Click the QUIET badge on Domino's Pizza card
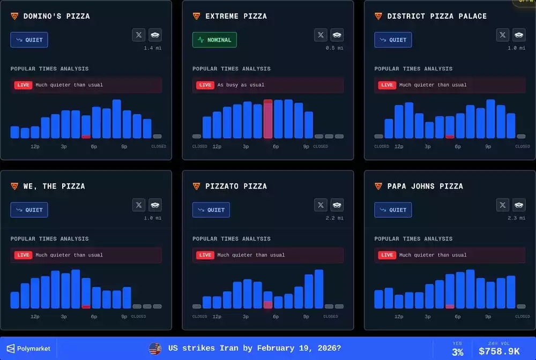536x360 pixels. [x=29, y=40]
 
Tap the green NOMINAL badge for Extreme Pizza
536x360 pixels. [x=214, y=40]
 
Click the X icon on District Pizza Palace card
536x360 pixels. [x=503, y=35]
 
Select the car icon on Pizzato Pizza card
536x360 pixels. [x=337, y=205]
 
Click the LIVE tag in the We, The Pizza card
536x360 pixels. [x=23, y=255]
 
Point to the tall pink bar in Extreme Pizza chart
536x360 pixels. [x=268, y=119]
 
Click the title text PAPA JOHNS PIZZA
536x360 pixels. [x=425, y=186]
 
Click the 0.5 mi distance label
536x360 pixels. [x=334, y=48]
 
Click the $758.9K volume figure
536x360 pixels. [x=499, y=351]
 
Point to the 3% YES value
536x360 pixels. [x=457, y=352]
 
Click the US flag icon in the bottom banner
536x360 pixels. [x=155, y=348]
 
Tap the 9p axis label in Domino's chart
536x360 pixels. [x=124, y=146]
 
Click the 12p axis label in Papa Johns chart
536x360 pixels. [x=399, y=317]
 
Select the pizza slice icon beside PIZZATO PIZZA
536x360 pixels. [x=196, y=186]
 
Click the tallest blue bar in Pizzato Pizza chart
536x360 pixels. [x=319, y=289]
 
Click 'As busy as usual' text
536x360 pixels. [x=241, y=85]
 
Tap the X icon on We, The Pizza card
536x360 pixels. [x=139, y=205]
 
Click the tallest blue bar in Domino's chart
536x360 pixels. [x=116, y=119]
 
